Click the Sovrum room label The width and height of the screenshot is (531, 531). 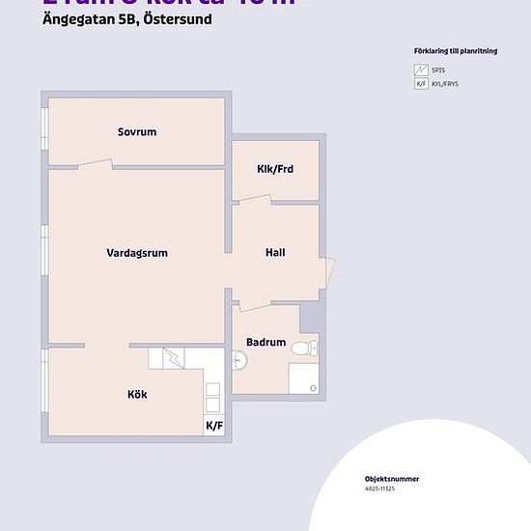[x=137, y=132]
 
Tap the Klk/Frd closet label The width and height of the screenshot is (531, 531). [x=275, y=169]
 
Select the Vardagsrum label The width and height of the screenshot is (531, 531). [x=137, y=253]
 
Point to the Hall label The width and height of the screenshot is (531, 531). [x=275, y=253]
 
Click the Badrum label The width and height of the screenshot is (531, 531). [x=265, y=342]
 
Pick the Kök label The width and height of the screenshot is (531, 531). [x=137, y=394]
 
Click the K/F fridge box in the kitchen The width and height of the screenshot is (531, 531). [x=213, y=425]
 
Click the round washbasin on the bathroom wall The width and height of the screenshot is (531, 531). [x=240, y=360]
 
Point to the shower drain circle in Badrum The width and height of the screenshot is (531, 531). [x=312, y=387]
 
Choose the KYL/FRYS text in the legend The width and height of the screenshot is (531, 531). [x=446, y=85]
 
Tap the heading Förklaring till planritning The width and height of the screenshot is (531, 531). [x=454, y=51]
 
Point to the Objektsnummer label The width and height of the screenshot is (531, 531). [x=392, y=478]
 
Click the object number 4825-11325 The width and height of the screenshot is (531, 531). [x=379, y=489]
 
